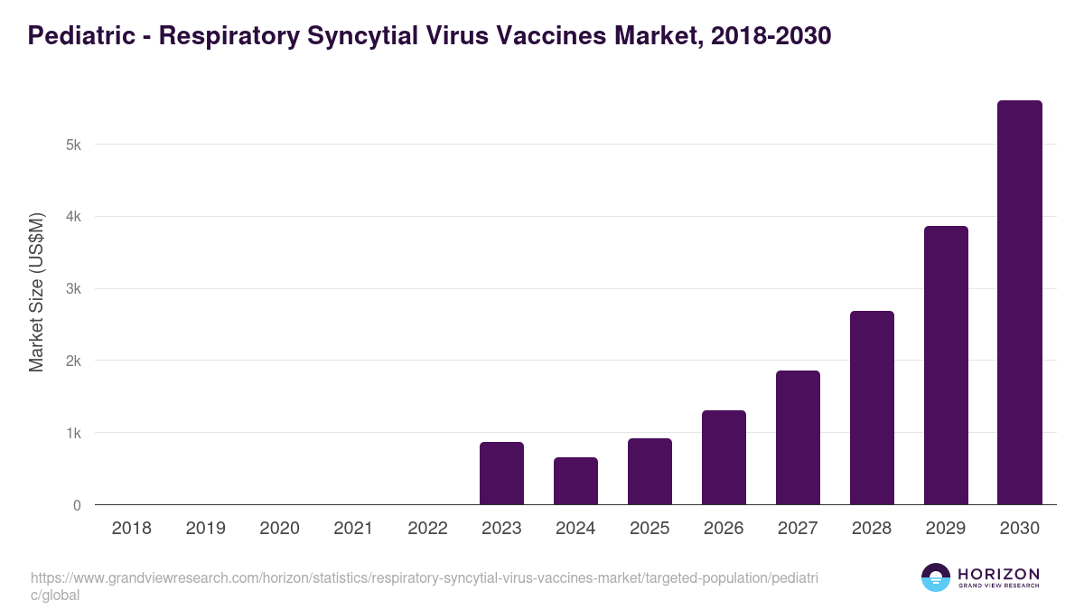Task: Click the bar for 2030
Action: coord(1019,303)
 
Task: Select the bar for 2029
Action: coord(945,365)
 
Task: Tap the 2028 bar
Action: coord(872,408)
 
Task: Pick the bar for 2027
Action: coord(798,437)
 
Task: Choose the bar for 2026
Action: coord(724,457)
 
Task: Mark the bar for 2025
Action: coord(649,472)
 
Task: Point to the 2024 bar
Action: coord(575,481)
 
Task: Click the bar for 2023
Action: coord(501,474)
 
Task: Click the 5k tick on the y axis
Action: coord(73,145)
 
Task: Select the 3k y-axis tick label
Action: coord(73,289)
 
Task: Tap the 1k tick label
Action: coord(73,433)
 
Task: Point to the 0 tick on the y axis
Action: coord(77,505)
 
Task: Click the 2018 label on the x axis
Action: coord(131,529)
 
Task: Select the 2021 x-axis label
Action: coord(353,529)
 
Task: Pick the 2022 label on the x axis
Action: coord(427,529)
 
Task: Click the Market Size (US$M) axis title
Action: coord(36,292)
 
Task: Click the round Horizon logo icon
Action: coord(936,577)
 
